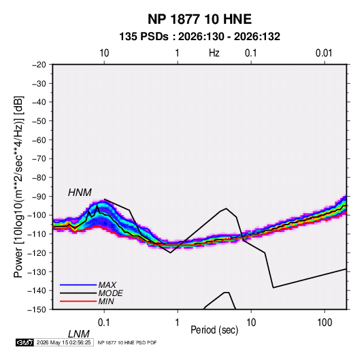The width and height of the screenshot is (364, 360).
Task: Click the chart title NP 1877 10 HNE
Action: (x=199, y=19)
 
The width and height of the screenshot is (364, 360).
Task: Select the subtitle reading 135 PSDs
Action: (x=144, y=37)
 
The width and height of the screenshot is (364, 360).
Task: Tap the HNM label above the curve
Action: (x=80, y=193)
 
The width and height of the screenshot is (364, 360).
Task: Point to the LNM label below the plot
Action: (x=79, y=334)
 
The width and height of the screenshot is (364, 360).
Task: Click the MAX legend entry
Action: (x=107, y=284)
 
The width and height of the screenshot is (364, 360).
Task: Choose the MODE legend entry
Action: (x=110, y=293)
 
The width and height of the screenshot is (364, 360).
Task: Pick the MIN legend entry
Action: (x=106, y=301)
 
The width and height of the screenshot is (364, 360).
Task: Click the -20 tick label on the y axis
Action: (x=39, y=65)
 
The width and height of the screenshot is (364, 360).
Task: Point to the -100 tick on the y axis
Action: (x=37, y=215)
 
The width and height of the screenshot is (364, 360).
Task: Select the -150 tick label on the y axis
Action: (x=37, y=310)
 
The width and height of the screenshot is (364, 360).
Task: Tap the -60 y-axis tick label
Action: (x=39, y=140)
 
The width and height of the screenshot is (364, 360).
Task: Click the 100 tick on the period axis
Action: (x=325, y=323)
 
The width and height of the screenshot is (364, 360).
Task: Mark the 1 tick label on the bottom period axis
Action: (x=178, y=323)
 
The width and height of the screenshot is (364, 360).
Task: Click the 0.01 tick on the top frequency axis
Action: (x=324, y=53)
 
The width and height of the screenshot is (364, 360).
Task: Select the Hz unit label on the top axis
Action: (x=214, y=53)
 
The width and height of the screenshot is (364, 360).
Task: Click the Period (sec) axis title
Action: (x=214, y=330)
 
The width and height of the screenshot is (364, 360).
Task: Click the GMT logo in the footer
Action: (x=25, y=342)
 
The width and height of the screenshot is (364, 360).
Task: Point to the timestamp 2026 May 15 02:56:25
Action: (x=63, y=342)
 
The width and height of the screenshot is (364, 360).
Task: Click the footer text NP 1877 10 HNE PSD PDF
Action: (x=127, y=342)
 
